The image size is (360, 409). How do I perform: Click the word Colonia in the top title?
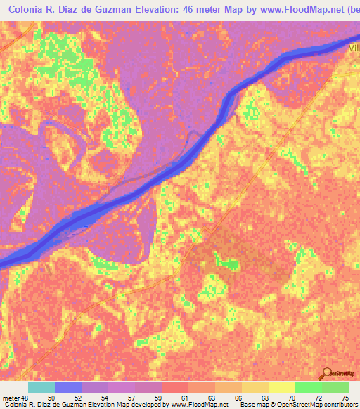click(x=22, y=8)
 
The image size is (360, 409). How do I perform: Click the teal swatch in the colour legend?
click(x=41, y=387)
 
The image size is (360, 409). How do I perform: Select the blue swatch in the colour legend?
click(x=67, y=387)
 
